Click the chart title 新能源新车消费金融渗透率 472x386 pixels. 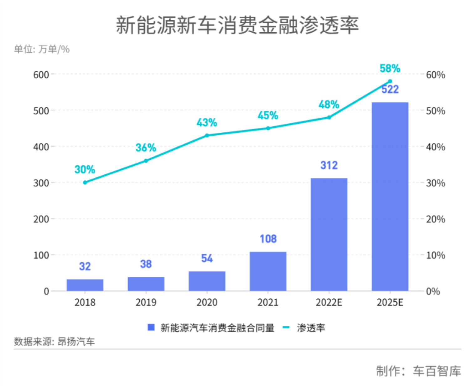pos(237,25)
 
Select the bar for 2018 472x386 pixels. pos(85,285)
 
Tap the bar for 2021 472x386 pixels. pos(268,271)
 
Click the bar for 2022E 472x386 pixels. pos(329,234)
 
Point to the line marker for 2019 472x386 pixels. pos(146,161)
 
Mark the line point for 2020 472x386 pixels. pos(207,136)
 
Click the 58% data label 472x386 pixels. pos(390,68)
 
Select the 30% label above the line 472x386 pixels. pos(85,169)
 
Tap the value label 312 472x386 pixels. pos(329,165)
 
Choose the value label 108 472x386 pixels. pos(268,239)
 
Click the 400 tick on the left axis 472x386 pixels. pos(41,147)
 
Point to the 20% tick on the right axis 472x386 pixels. pos(436,219)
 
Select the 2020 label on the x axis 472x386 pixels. pos(207,302)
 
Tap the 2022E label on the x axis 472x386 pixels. pos(329,302)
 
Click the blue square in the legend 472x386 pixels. pos(151,327)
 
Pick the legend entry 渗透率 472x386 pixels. pos(311,328)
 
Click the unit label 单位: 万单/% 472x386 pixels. pos(42,49)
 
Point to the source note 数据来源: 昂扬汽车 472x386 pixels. pos(54,342)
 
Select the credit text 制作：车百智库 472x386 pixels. pos(418,371)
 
